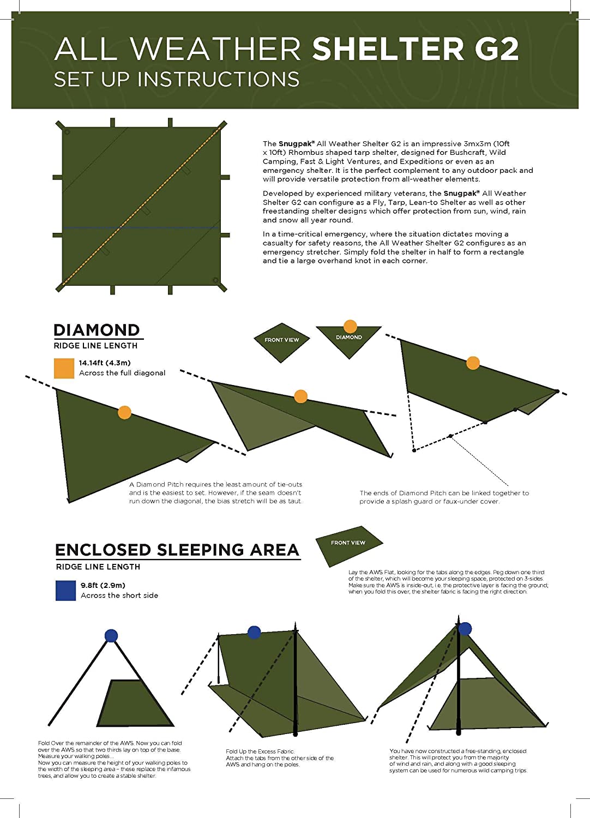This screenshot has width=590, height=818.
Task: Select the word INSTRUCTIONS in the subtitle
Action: pos(218,80)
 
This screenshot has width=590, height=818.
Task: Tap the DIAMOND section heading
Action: pos(97,330)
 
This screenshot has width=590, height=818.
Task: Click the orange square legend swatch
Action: pos(64,368)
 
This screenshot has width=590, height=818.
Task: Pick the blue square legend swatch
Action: pos(65,591)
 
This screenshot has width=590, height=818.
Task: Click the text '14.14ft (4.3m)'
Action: pos(105,363)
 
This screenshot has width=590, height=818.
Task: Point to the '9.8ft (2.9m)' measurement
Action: pos(103,585)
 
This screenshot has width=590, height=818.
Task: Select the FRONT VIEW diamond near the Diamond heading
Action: pos(282,341)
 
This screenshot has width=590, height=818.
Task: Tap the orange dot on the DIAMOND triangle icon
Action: pos(350,326)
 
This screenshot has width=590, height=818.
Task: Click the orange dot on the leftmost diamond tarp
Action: pos(124,412)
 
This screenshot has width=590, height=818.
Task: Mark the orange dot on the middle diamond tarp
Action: pos(300,396)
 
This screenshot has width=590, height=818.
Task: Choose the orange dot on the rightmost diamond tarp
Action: pos(473,363)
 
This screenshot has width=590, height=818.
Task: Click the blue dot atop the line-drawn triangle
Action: pos(111,635)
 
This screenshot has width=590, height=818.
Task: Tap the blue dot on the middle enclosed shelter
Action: pos(254,632)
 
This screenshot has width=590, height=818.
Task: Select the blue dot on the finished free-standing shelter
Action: pos(465,629)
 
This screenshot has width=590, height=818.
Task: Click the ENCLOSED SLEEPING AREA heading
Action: pos(177,550)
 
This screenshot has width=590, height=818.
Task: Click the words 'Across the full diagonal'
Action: pos(122,373)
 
